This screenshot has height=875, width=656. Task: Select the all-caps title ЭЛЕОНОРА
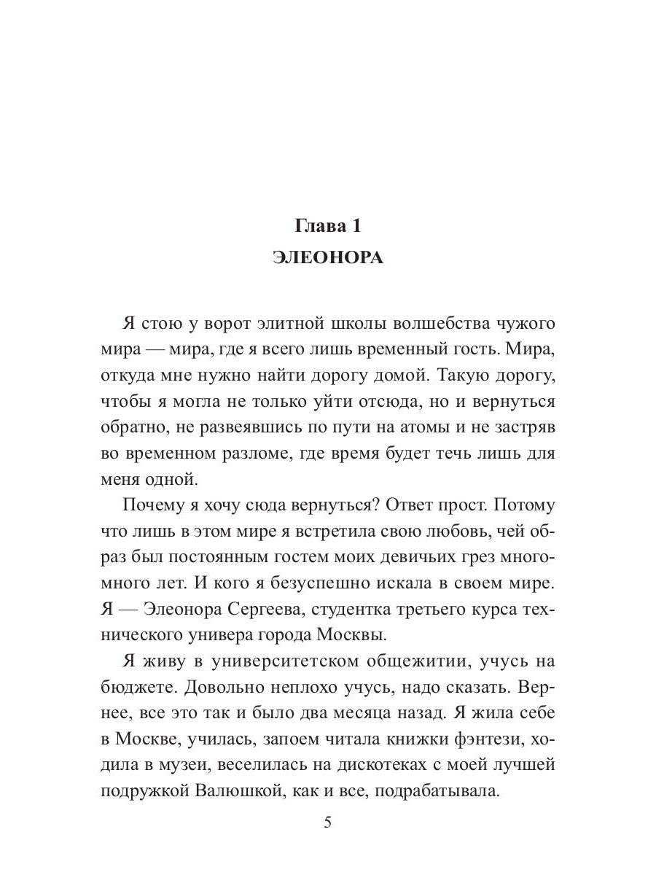(327, 259)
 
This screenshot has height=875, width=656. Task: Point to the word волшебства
(426, 324)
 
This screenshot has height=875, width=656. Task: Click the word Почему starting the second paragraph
(152, 505)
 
